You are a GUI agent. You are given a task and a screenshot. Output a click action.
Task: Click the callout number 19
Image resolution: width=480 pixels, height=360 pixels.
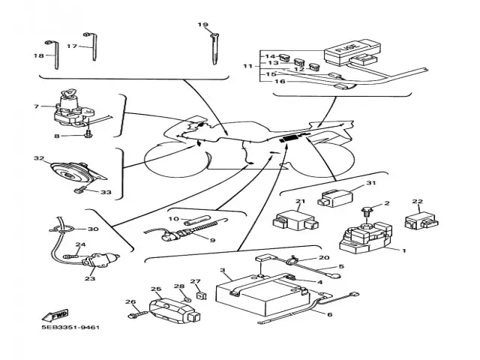tap(202, 25)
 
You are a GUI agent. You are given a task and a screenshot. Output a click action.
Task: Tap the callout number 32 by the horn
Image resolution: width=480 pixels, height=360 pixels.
tap(38, 159)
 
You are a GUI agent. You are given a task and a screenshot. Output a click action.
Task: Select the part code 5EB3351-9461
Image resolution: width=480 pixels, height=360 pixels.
tap(72, 328)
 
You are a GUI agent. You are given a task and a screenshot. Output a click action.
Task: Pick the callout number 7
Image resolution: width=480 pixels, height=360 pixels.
tap(35, 106)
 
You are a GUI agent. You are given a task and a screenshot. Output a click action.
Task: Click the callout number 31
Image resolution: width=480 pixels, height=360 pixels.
tap(370, 184)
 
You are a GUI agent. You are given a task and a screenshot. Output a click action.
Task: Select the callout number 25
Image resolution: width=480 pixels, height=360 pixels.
tap(156, 289)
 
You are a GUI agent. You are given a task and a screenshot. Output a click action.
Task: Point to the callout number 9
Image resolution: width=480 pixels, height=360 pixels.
tap(211, 240)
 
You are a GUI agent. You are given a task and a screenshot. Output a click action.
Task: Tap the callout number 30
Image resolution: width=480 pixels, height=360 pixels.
tap(93, 229)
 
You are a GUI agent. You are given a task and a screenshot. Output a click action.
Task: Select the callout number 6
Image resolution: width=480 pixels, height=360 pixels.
tap(328, 314)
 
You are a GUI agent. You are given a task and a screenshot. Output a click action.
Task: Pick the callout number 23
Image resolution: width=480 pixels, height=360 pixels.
tap(90, 278)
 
